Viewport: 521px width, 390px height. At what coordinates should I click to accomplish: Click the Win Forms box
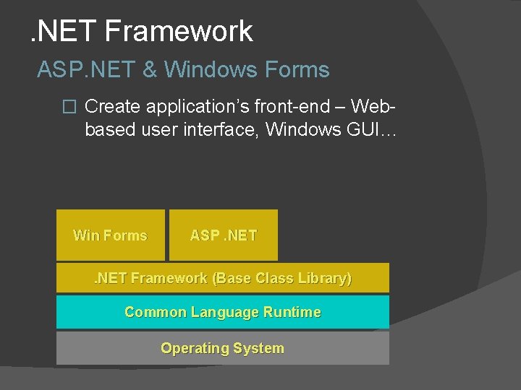tap(110, 235)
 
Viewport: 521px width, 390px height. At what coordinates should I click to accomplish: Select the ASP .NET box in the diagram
tap(223, 235)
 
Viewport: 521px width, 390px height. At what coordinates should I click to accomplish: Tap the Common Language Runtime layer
tap(223, 312)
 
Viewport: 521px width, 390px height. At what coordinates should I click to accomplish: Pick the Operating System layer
tap(223, 348)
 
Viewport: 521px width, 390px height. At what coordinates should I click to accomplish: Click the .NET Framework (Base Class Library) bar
tap(223, 278)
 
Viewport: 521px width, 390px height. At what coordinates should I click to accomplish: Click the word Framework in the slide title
tap(179, 31)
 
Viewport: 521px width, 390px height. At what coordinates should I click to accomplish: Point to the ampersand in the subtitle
tap(150, 70)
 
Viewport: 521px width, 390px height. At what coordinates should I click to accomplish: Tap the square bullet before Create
tap(69, 107)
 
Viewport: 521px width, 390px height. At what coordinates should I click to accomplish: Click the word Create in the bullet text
tap(112, 107)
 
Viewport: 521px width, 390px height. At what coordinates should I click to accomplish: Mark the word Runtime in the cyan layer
tap(292, 312)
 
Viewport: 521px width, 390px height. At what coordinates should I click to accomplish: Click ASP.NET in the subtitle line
tap(86, 70)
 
